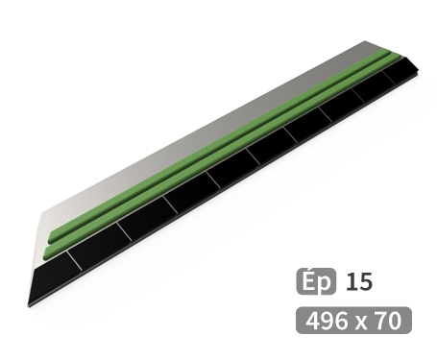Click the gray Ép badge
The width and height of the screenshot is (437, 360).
[316, 281]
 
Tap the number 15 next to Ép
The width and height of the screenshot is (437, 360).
[359, 282]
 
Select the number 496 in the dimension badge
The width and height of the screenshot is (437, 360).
[327, 321]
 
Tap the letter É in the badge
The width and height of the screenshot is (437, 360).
[308, 280]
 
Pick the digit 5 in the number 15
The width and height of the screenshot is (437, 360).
[366, 282]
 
